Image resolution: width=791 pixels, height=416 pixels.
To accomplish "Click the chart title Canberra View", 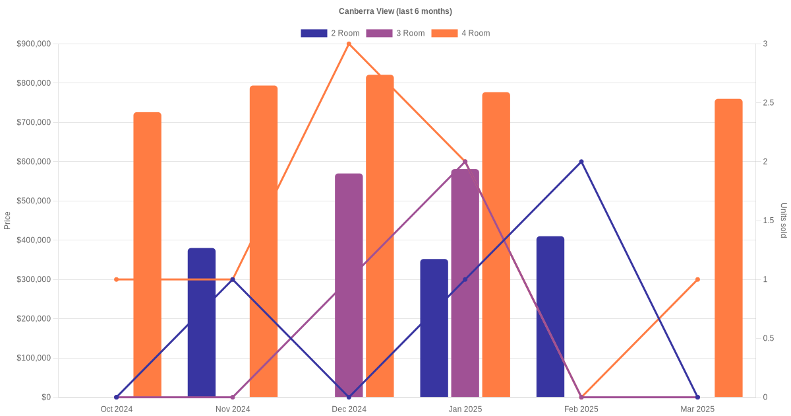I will click(395, 11).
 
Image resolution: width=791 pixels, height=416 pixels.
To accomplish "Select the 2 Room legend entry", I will click(330, 33).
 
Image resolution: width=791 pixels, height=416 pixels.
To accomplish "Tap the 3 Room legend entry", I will click(395, 33).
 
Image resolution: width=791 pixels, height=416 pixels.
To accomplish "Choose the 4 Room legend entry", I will click(460, 33).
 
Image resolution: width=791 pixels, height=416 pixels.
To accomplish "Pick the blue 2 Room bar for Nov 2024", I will click(202, 323).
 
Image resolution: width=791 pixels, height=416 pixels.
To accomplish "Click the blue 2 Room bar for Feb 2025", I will click(550, 317).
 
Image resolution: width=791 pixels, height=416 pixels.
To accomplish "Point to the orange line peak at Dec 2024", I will click(349, 44).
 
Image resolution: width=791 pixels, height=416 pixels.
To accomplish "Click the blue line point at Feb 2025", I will click(581, 162).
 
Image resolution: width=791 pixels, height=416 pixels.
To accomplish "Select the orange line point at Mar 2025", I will click(697, 279).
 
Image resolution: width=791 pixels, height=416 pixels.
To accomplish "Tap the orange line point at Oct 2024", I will click(117, 279).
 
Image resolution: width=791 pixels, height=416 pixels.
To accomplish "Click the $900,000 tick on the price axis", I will click(33, 44).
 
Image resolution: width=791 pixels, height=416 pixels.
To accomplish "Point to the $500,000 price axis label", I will click(33, 201).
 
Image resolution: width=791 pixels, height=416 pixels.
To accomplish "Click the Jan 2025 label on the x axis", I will click(465, 409).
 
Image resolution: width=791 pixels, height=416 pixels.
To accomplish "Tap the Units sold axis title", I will click(783, 221).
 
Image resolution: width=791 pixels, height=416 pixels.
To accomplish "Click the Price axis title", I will click(7, 221).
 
